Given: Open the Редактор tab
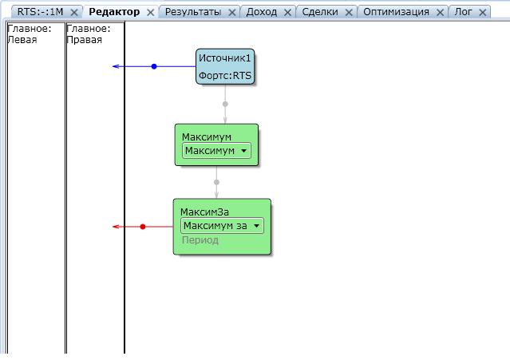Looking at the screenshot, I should (x=114, y=12).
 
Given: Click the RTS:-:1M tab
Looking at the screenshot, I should (x=39, y=12).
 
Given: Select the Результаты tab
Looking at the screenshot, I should (x=192, y=12).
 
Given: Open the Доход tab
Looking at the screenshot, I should (x=262, y=12).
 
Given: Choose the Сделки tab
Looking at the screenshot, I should (x=320, y=12).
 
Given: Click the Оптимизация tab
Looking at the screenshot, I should (x=396, y=12).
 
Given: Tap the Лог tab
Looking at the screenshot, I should (x=463, y=12).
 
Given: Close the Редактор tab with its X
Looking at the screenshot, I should (x=150, y=13).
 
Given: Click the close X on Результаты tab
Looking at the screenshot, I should (x=232, y=13).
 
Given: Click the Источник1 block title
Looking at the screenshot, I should (x=225, y=58).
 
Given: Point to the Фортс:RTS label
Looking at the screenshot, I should (x=225, y=76).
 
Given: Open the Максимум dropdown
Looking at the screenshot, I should (x=216, y=151).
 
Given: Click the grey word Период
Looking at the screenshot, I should (x=200, y=240).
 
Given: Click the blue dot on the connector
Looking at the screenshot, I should (x=154, y=66).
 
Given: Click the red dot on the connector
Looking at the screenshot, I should (x=143, y=227).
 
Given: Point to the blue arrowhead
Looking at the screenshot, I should (x=117, y=66).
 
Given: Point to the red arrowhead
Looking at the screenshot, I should (x=117, y=227).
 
